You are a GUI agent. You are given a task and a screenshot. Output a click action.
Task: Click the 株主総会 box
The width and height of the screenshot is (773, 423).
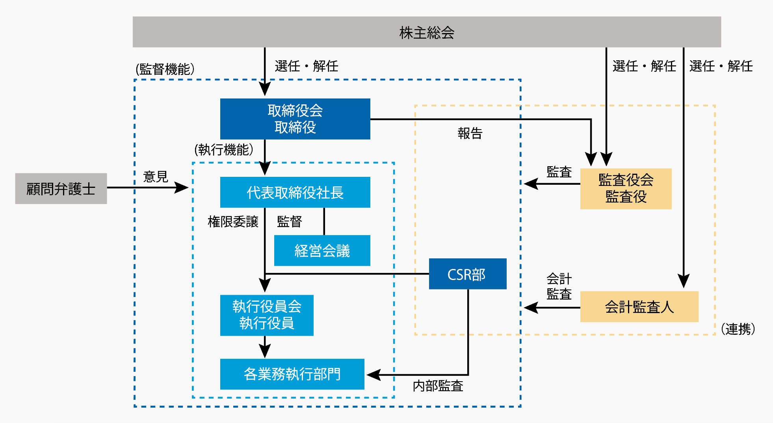coord(427,32)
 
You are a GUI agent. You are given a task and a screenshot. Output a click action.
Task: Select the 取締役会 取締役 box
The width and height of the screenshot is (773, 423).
coord(295,119)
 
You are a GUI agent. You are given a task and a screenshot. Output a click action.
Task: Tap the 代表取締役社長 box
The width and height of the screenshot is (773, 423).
coord(295,192)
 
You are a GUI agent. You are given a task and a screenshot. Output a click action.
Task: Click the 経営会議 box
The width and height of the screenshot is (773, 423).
coord(322,250)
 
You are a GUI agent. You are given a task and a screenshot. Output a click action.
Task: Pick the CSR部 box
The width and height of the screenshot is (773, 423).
coord(467,274)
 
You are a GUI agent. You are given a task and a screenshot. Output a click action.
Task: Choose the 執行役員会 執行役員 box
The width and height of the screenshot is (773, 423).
coord(267,315)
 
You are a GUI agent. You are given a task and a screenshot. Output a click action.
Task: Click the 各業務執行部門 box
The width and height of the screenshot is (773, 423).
coord(292,374)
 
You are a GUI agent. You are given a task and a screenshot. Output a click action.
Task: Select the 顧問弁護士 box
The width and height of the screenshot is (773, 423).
coord(61,189)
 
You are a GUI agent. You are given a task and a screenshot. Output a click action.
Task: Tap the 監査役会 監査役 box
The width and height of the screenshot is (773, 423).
coord(626,189)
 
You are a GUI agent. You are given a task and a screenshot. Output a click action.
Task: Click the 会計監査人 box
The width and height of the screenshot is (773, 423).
coord(639,307)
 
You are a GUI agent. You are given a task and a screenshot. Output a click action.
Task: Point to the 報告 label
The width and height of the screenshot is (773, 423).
coord(470,134)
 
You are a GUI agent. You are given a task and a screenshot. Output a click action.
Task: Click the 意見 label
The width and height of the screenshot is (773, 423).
coord(156,176)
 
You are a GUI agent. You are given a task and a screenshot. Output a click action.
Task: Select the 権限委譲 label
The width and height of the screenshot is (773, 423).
coord(233,222)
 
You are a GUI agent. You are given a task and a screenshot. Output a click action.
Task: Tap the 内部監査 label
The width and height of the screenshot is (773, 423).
coord(438,386)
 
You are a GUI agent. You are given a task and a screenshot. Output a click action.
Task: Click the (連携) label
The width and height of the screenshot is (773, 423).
coord(738,329)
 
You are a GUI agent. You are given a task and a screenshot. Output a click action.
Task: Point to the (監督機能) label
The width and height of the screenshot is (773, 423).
coord(165,69)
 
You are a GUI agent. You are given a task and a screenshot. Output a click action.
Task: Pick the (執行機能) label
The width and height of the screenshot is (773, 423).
coord(224,150)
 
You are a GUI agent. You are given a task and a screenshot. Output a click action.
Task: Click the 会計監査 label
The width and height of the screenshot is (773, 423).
coord(559,286)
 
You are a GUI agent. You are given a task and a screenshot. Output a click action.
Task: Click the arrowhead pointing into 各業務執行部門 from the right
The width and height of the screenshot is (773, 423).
coord(373,375)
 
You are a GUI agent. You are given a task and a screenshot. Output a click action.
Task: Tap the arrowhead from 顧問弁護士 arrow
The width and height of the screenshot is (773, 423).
coord(182,187)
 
